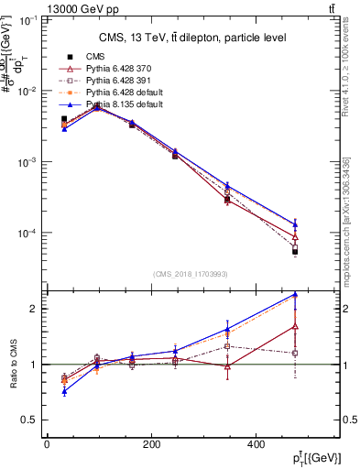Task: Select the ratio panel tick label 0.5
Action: (31, 420)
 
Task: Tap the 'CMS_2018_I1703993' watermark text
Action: (191, 274)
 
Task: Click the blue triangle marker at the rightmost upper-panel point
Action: (295, 224)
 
